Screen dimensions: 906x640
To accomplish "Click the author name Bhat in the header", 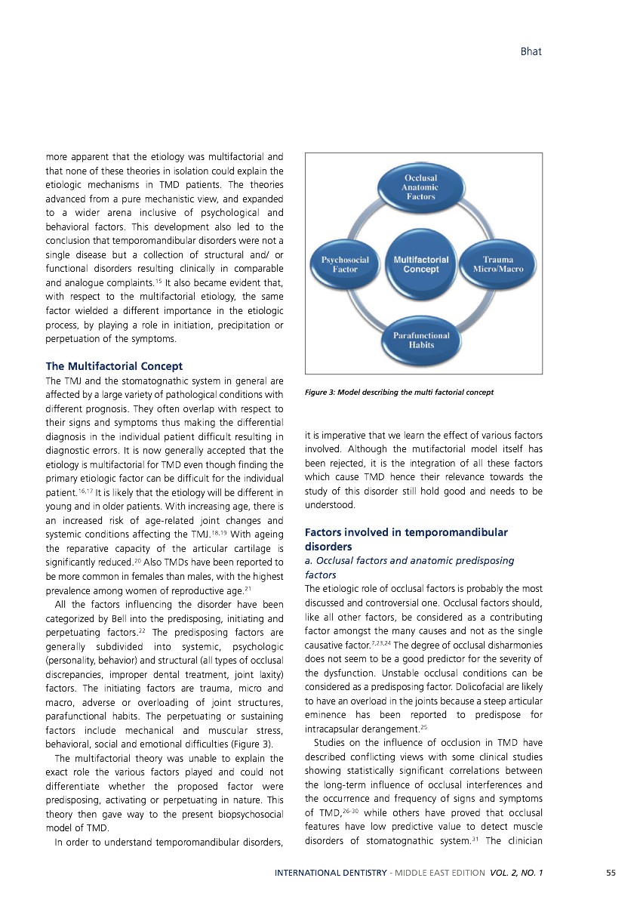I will pos(531,52).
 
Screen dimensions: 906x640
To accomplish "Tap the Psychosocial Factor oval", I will pos(345,264).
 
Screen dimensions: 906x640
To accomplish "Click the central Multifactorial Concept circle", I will pos(421,264).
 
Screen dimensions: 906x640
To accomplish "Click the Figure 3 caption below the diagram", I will pos(399,392).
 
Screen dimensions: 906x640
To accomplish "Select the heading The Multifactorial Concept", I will pos(114,366).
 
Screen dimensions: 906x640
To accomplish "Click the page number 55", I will pos(611,873).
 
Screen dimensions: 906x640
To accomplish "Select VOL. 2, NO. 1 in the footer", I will pos(516,873).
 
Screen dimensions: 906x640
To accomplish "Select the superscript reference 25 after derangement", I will pos(423,728).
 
